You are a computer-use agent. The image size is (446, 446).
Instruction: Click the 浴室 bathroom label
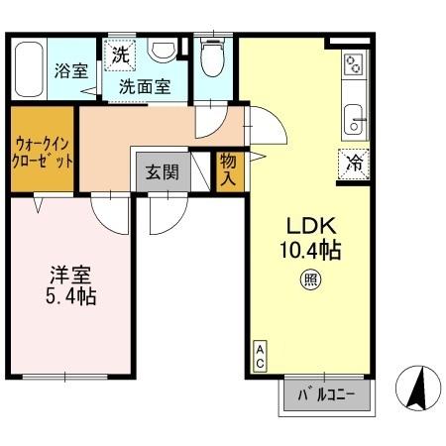tap(70, 71)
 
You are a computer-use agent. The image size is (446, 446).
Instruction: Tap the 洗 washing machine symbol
tap(120, 56)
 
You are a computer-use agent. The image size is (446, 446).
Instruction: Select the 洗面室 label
tap(145, 86)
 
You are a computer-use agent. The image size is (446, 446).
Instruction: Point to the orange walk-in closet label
tap(42, 150)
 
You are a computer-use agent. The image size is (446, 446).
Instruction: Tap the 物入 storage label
tap(228, 171)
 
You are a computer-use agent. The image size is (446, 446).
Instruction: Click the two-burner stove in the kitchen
tap(353, 67)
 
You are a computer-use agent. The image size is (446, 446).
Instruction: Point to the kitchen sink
tap(353, 123)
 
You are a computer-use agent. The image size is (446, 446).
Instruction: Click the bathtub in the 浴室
tap(29, 67)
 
